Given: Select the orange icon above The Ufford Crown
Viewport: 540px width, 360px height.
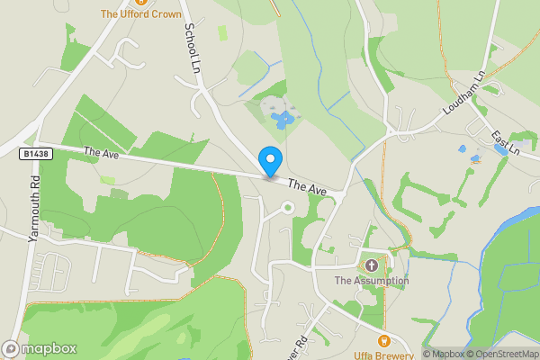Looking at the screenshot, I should [x=139, y=3].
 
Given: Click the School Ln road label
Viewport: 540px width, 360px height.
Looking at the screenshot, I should [x=191, y=49].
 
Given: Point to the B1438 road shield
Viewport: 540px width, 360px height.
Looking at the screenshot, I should [x=35, y=154].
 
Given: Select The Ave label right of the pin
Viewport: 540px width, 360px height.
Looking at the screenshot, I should [x=307, y=187].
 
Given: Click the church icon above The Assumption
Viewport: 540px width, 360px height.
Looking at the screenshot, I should [x=371, y=265].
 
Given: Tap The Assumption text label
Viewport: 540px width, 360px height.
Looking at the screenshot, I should [x=371, y=281].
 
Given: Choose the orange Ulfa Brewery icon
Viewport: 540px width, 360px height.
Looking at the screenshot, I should [x=384, y=340].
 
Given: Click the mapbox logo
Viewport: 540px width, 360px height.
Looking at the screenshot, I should [x=40, y=348].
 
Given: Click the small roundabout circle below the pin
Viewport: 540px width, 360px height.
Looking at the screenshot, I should [x=288, y=208].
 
